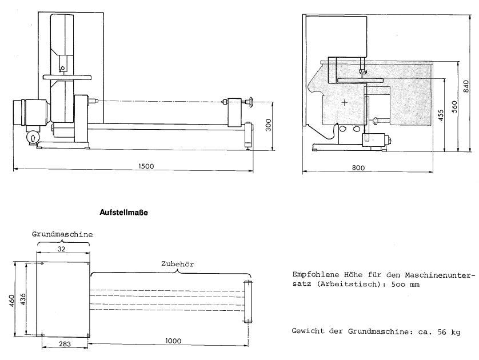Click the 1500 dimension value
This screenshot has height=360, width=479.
coord(146,166)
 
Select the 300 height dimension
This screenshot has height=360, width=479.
coord(269,125)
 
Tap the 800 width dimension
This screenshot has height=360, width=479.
coord(358,167)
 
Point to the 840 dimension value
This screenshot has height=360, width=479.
coord(466,86)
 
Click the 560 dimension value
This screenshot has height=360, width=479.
coord(454,107)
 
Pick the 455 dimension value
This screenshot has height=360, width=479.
coord(441,115)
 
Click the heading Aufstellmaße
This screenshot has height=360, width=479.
coord(123,213)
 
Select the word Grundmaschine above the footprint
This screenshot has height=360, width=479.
coord(62,234)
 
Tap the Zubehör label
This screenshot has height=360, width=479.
coord(178,264)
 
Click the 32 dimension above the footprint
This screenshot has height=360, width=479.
coord(61,249)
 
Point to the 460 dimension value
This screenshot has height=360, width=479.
coord(12,301)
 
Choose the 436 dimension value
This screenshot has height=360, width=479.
coord(23,299)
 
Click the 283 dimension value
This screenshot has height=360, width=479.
coord(65,344)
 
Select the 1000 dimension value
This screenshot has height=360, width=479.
coord(173,341)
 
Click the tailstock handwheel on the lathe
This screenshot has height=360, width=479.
coord(251,102)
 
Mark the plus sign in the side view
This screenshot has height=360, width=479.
coord(344,102)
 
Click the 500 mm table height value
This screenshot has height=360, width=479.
coord(405,285)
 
